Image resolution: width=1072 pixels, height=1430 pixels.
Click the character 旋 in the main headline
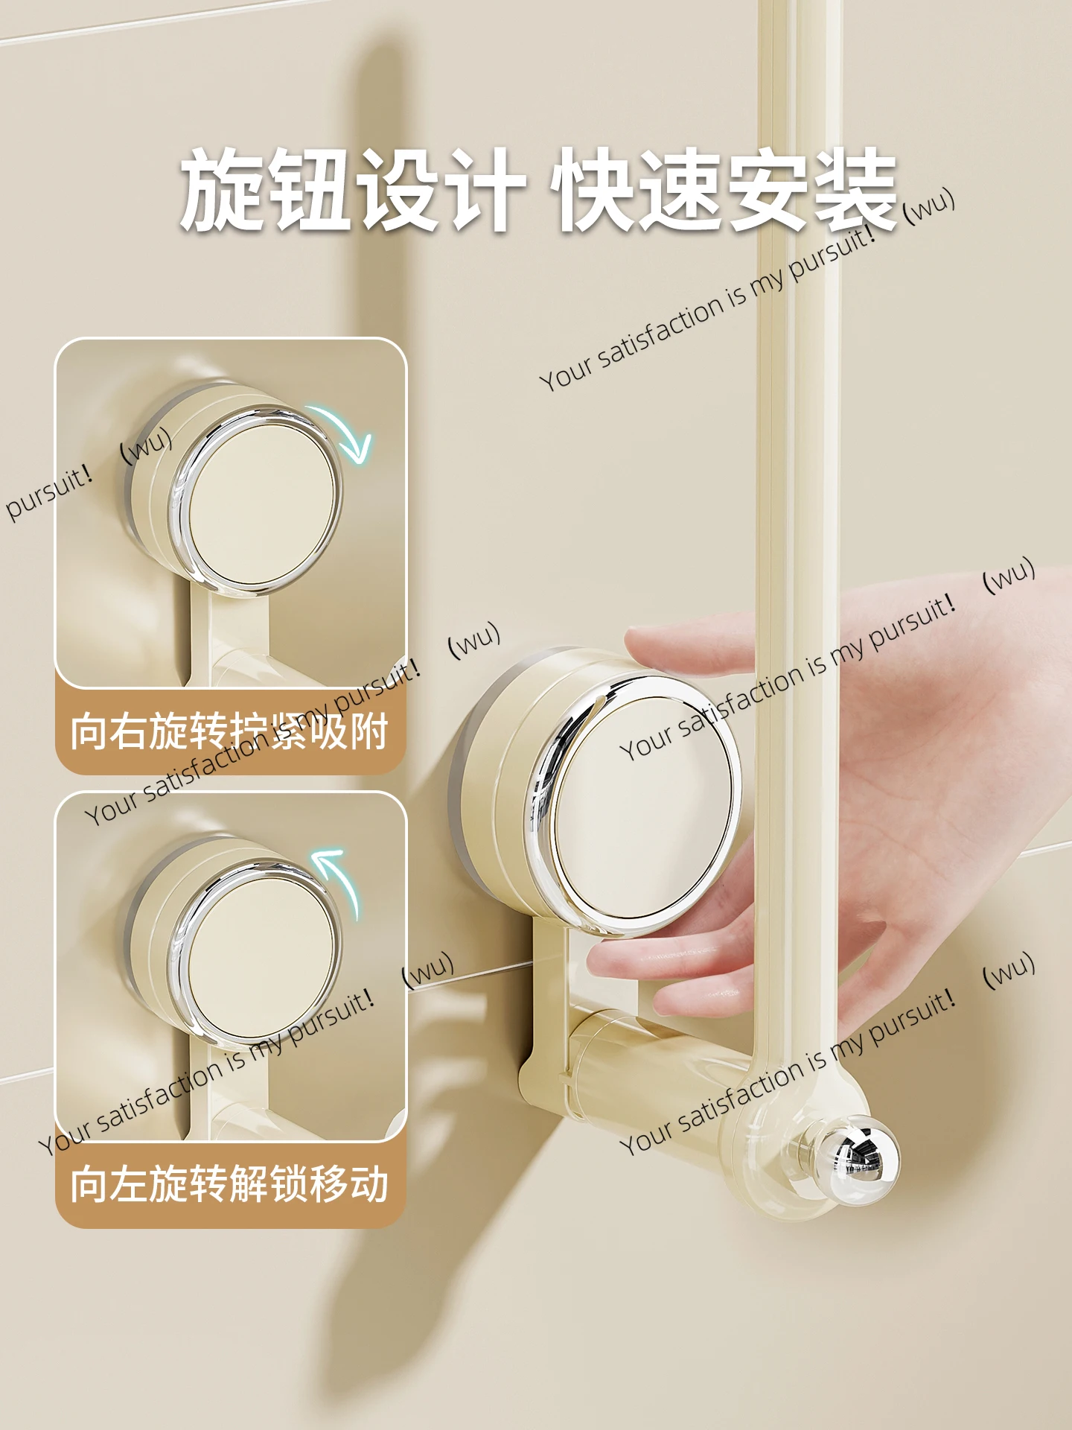coord(223,190)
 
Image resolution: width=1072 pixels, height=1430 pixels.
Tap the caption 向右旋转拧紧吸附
coord(229,731)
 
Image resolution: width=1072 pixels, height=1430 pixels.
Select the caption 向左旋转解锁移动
coord(229,1184)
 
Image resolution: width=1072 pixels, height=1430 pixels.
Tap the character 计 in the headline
coord(484,190)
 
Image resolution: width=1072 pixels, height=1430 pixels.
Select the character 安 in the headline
coord(767,190)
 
